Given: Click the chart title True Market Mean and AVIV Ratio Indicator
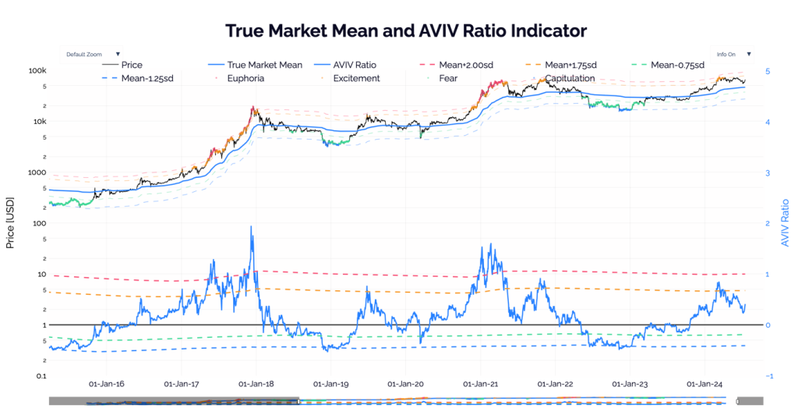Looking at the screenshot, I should [405, 31].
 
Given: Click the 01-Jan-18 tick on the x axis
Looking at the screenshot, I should [255, 384].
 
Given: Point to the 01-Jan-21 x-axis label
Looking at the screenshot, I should [480, 384].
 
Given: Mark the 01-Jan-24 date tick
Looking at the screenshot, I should [704, 384].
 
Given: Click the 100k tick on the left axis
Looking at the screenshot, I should [38, 71].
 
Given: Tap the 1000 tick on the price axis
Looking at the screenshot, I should [37, 172].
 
